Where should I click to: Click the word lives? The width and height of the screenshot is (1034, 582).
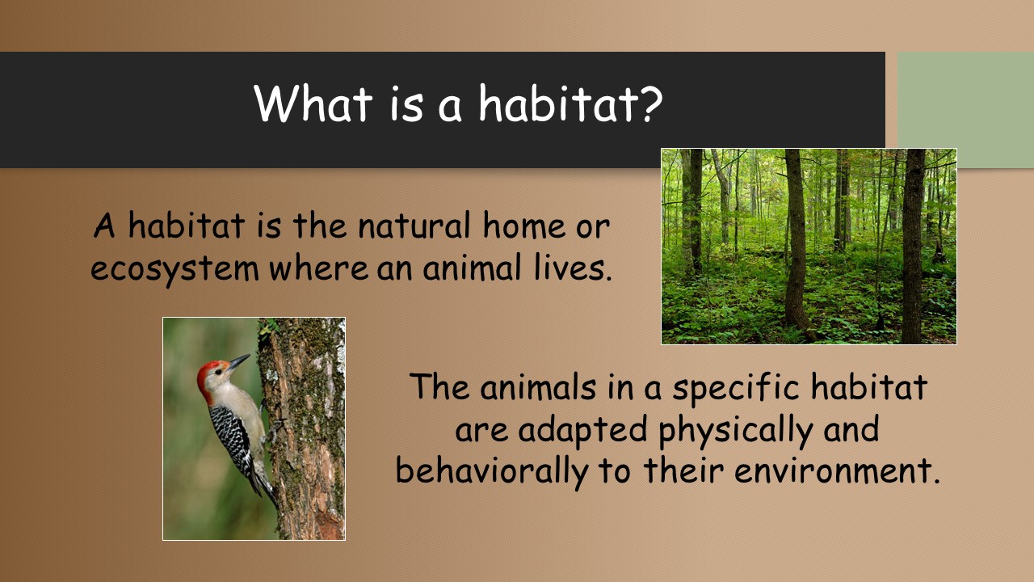tap(573, 267)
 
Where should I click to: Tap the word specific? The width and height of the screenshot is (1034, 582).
tap(735, 387)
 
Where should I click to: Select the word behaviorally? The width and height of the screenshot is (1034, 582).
tap(492, 472)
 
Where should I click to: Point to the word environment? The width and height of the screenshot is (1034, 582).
tap(838, 470)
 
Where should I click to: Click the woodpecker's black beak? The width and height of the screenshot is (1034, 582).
tap(238, 361)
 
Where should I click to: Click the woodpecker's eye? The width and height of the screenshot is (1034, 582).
tap(218, 371)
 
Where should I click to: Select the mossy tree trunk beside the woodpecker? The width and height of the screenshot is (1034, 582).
tap(305, 428)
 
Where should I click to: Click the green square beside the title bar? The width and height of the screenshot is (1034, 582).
tap(965, 110)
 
